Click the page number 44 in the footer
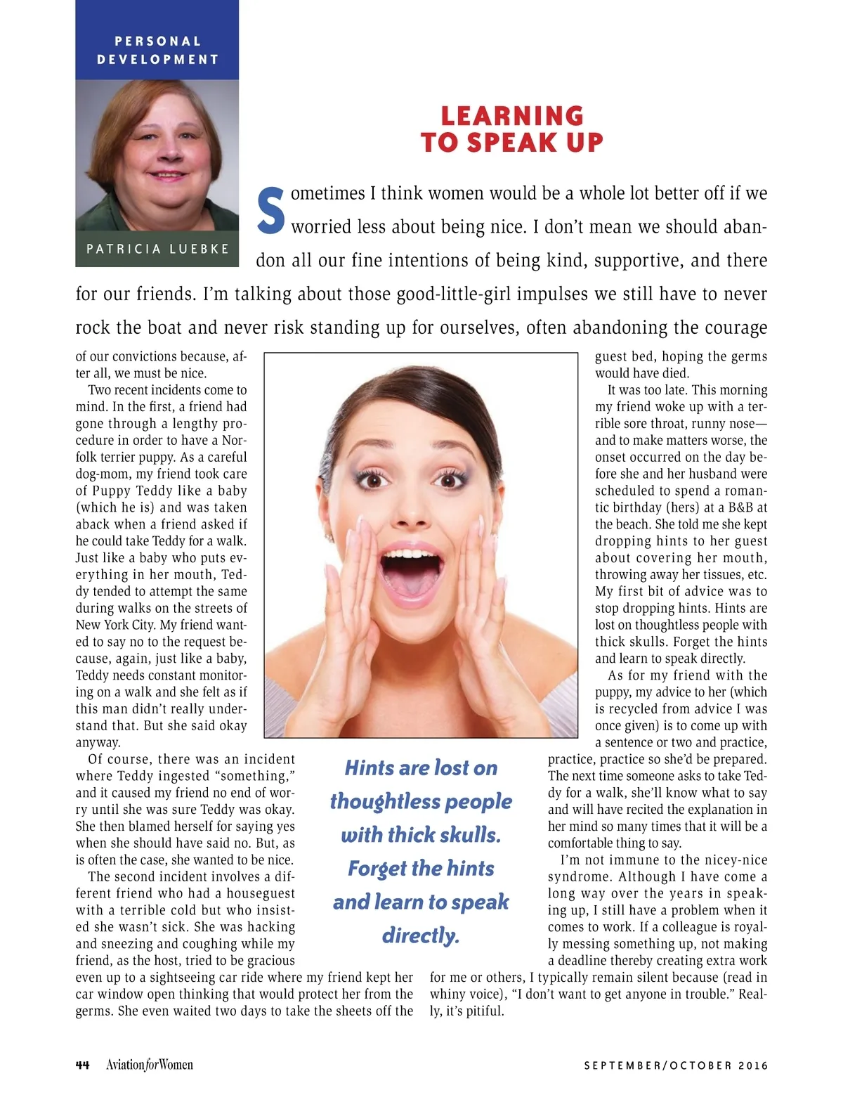coord(82,1065)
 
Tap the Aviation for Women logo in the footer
coord(149,1065)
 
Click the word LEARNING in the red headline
coord(512,116)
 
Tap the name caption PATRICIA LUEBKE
coord(157,249)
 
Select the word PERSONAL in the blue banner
coord(157,41)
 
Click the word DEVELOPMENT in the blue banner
coord(157,60)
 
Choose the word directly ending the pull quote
coord(421,936)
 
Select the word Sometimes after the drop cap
coord(328,193)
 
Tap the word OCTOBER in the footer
coord(701,1065)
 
